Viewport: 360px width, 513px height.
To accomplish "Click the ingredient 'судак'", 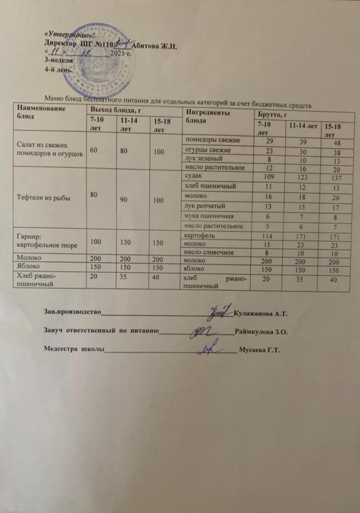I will coord(194,177).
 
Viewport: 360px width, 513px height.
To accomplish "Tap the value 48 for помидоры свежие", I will coord(330,142).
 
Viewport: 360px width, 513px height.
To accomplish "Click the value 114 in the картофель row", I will coord(268,235).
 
